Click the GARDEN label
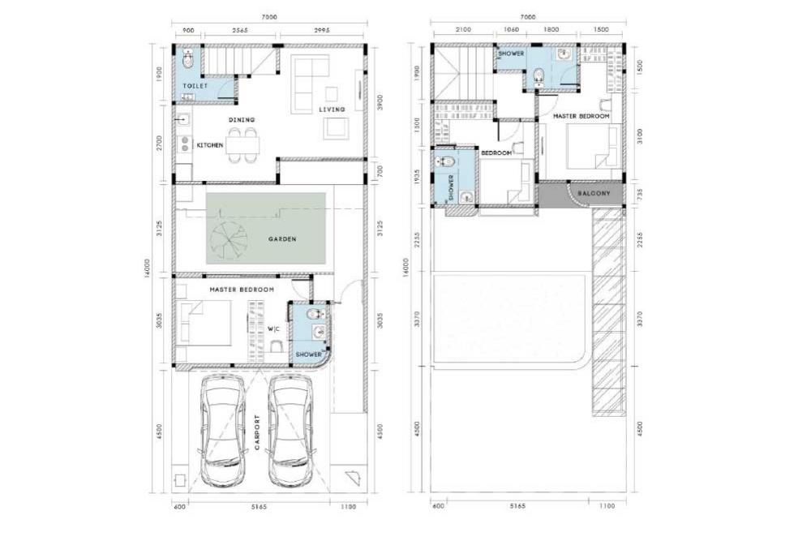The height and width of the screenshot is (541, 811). (x=282, y=239)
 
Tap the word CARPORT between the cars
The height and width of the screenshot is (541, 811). (x=257, y=432)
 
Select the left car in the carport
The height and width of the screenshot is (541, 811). (x=223, y=431)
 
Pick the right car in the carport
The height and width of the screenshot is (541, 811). (x=290, y=431)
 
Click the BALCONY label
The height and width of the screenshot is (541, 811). (x=594, y=193)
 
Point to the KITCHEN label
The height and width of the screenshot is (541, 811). (x=209, y=145)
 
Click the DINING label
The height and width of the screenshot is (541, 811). (x=242, y=119)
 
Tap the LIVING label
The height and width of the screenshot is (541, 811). (x=332, y=109)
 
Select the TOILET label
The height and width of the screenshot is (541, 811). (x=195, y=86)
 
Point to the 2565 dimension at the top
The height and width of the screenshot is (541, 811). (x=240, y=30)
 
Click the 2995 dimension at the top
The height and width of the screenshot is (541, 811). (x=322, y=30)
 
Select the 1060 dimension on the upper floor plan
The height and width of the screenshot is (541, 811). (x=510, y=29)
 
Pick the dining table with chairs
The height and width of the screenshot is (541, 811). (x=242, y=145)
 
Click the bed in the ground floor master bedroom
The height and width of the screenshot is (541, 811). (x=204, y=322)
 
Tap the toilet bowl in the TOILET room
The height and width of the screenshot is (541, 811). (x=187, y=58)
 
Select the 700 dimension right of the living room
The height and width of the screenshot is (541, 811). (x=380, y=172)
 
